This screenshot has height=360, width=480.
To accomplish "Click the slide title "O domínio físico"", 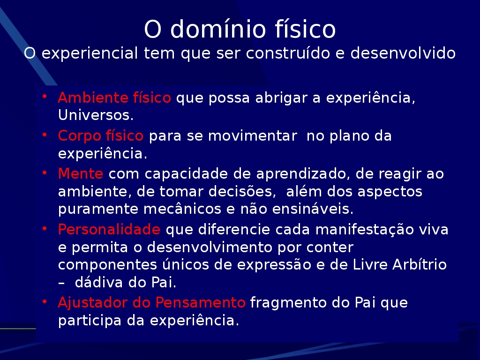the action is (240, 29).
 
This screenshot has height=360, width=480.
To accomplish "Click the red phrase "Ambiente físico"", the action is (114, 97).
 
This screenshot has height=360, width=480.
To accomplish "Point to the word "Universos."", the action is (96, 115).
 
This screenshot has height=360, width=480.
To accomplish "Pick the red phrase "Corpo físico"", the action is (100, 135).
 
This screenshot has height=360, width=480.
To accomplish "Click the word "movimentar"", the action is (253, 135).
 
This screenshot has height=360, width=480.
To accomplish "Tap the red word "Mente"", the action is (81, 173).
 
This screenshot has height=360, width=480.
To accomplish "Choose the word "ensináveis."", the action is (313, 209).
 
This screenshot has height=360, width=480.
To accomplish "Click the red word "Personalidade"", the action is (109, 229).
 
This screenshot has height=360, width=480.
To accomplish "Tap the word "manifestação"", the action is (364, 229).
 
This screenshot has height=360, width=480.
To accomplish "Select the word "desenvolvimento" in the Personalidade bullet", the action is (210, 247).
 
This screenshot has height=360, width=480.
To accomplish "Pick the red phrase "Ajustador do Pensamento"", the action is (151, 302).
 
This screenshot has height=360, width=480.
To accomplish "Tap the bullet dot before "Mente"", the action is (45, 172).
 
